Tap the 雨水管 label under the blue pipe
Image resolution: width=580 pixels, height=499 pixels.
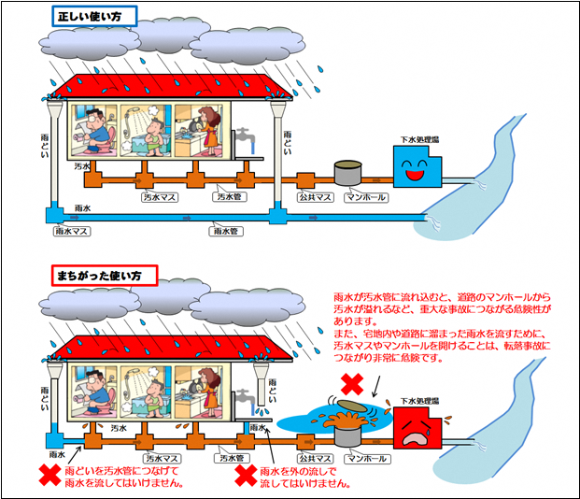click(226, 230)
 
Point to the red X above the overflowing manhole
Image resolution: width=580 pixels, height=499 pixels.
click(351, 383)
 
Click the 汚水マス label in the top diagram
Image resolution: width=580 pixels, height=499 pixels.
click(160, 198)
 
